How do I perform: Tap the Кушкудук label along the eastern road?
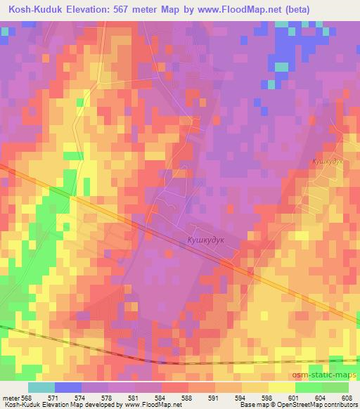coord(327,162)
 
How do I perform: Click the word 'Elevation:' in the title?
coord(87,8)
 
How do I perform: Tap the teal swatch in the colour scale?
coord(40,387)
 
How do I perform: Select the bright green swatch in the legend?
coord(309,387)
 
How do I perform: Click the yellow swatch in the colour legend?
coord(282,387)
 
